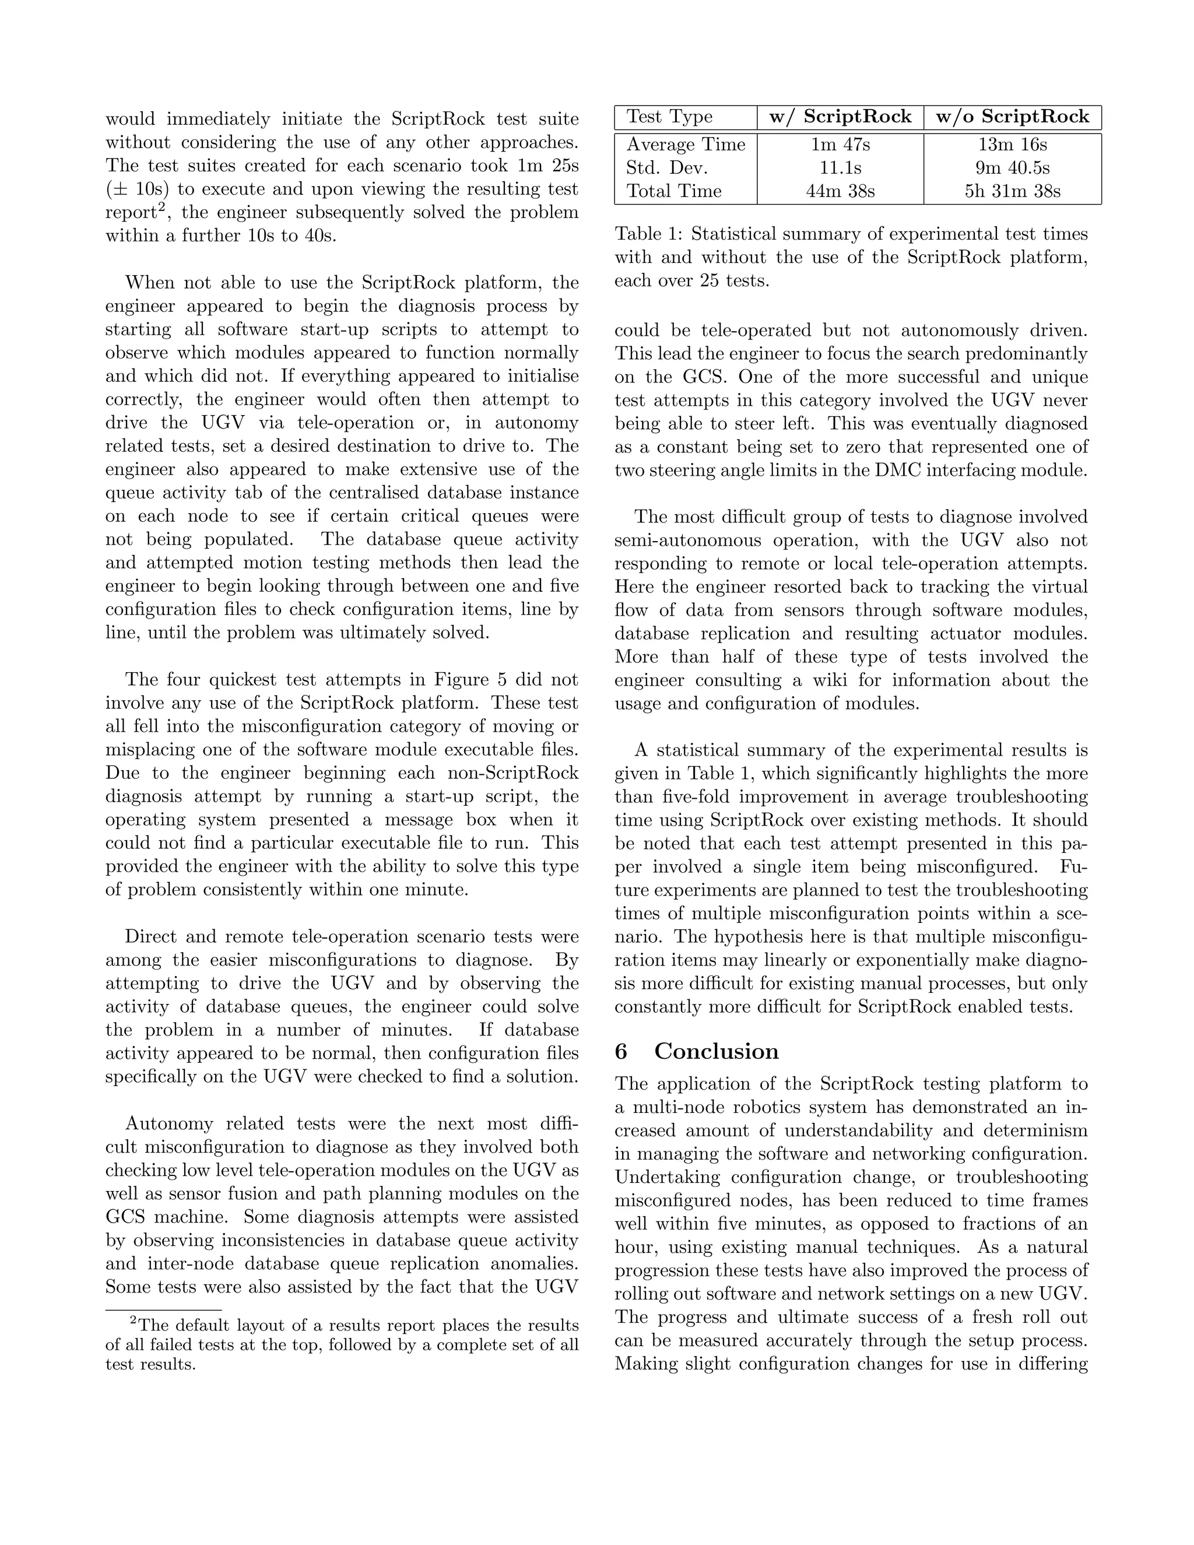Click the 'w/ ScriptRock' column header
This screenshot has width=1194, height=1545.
pyautogui.click(x=840, y=117)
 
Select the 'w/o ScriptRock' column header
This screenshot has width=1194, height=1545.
pyautogui.click(x=1012, y=117)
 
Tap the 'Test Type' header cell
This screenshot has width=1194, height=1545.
pyautogui.click(x=669, y=117)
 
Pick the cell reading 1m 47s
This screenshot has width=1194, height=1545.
pyautogui.click(x=840, y=145)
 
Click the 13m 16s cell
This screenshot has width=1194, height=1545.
pyautogui.click(x=1012, y=145)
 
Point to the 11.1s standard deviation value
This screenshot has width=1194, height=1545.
pyautogui.click(x=840, y=168)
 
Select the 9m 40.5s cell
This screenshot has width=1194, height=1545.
pyautogui.click(x=1012, y=168)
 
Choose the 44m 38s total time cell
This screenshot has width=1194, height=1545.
pyautogui.click(x=840, y=191)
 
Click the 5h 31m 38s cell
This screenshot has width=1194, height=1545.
pyautogui.click(x=1012, y=191)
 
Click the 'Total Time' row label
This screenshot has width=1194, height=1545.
pyautogui.click(x=674, y=191)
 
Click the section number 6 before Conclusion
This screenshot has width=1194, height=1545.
pyautogui.click(x=621, y=1051)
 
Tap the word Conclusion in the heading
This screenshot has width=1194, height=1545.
pyautogui.click(x=716, y=1051)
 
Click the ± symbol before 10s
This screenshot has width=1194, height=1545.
pyautogui.click(x=117, y=189)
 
